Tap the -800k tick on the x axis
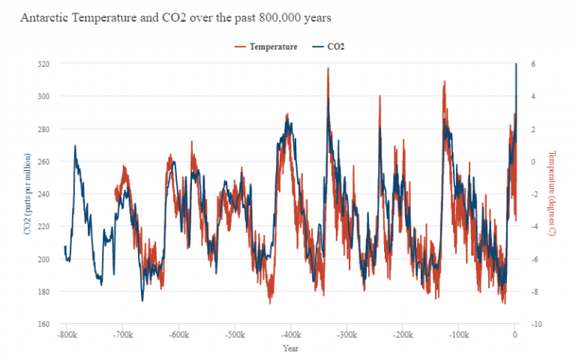tap(66, 335)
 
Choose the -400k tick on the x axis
tap(290, 335)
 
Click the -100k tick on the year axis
tap(458, 335)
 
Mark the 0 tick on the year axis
tap(514, 335)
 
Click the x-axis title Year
tap(290, 348)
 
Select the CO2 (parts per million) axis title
tap(28, 193)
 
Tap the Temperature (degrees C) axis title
tap(551, 193)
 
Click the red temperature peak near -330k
tap(328, 69)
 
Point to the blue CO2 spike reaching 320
tap(516, 64)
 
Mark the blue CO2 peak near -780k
tap(75, 146)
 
